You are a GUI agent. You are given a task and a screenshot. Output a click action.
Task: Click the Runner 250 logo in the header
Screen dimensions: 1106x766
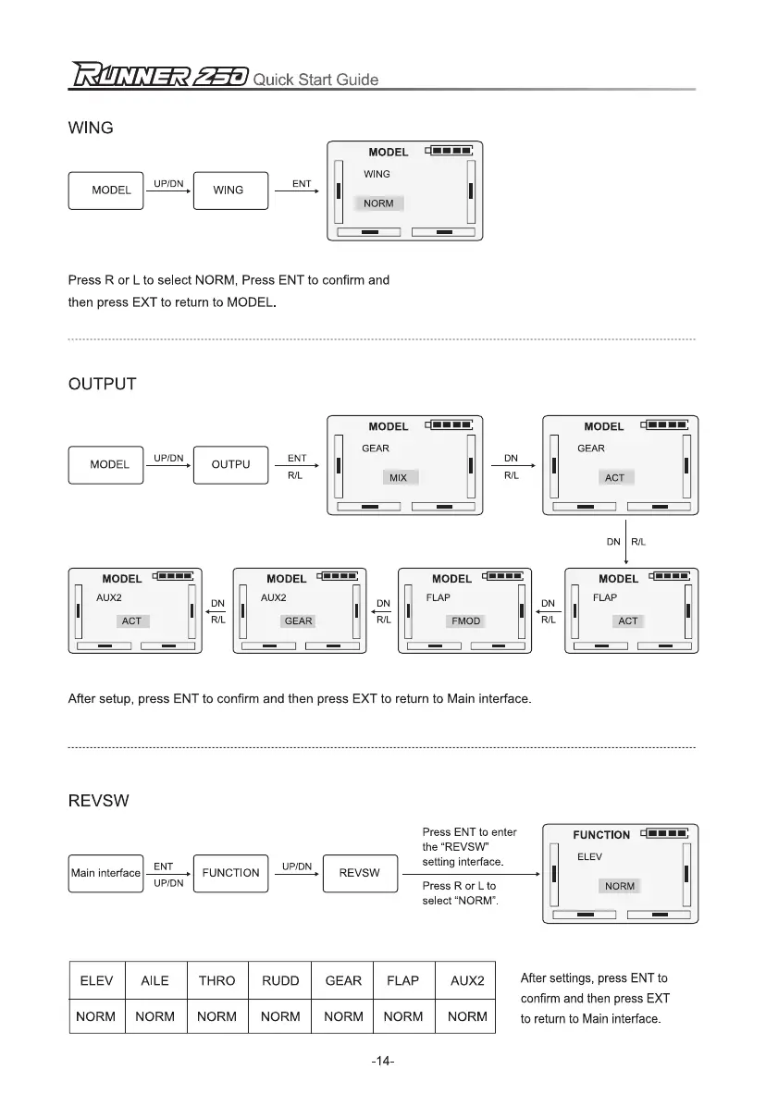coord(157,76)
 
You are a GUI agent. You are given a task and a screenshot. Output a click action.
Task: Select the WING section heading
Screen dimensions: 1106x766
coord(91,129)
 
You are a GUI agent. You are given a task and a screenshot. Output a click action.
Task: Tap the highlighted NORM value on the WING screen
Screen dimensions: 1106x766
coord(378,203)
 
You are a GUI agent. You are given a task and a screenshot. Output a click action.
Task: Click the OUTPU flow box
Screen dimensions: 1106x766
coord(230,464)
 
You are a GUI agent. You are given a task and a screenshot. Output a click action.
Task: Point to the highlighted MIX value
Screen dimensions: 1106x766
coord(398,478)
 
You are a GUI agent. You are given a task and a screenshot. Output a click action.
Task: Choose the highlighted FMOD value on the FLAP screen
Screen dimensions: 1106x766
coord(465,621)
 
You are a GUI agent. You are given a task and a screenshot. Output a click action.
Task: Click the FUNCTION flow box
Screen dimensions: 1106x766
coord(230,873)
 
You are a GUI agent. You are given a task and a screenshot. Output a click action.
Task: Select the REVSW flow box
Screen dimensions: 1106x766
coord(360,873)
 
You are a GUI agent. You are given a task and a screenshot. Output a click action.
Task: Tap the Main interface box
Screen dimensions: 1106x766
coord(105,873)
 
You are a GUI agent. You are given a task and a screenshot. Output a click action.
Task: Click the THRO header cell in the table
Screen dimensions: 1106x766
coord(217,981)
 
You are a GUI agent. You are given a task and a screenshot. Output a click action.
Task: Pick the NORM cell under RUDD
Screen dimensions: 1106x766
coord(280,1016)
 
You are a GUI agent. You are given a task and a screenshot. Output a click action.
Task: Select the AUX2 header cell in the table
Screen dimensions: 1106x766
coord(467,981)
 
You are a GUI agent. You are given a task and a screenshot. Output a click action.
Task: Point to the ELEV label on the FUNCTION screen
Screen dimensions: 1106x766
coord(589,857)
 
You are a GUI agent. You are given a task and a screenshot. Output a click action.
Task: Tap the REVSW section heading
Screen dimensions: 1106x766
coord(98,801)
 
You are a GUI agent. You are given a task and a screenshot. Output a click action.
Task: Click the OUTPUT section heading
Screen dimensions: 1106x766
coord(102,384)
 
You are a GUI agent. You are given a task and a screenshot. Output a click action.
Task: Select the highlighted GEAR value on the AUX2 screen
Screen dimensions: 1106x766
coord(298,621)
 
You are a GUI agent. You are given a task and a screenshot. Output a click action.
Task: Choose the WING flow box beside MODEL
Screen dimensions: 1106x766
coord(229,190)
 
